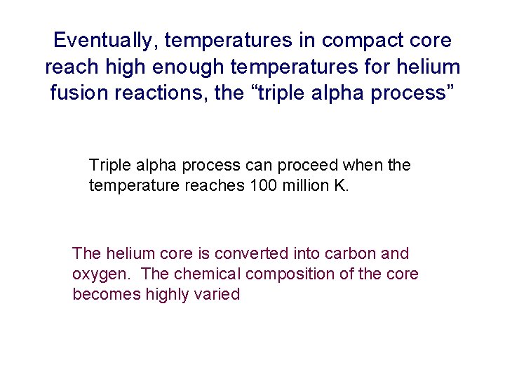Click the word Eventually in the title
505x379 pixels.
105,40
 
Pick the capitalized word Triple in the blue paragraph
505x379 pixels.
109,166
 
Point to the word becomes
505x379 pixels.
106,294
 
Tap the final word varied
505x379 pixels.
219,294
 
